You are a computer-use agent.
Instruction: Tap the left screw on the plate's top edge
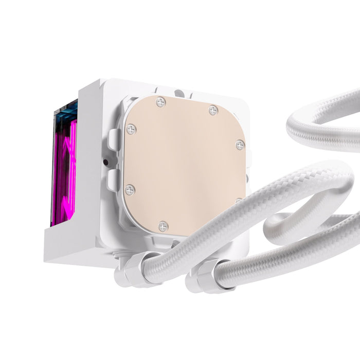coord(161,103)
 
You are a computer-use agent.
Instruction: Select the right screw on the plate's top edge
coord(213,111)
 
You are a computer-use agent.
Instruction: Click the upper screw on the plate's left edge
coord(131,129)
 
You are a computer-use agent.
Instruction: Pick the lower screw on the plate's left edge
coord(130,190)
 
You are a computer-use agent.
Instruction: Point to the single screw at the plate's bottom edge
coord(163,226)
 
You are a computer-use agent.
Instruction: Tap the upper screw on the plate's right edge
coord(240,145)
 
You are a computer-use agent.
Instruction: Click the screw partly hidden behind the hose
coord(239,201)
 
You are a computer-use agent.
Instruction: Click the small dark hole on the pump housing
coord(105,163)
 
